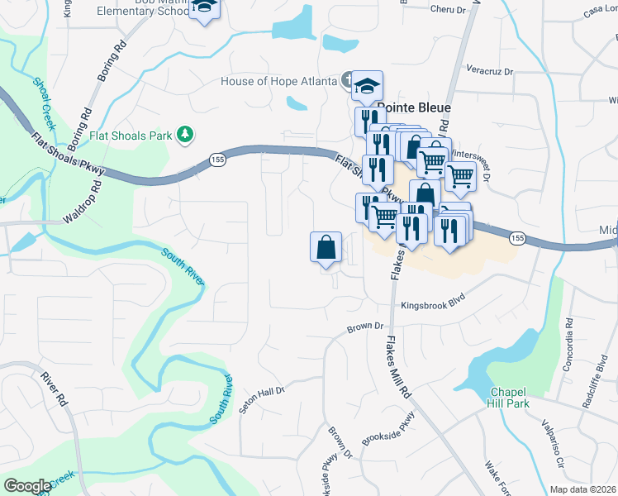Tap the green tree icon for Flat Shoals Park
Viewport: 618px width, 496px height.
click(187, 133)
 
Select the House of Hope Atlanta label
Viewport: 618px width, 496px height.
click(278, 81)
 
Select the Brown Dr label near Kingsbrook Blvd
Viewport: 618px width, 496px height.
click(367, 327)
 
